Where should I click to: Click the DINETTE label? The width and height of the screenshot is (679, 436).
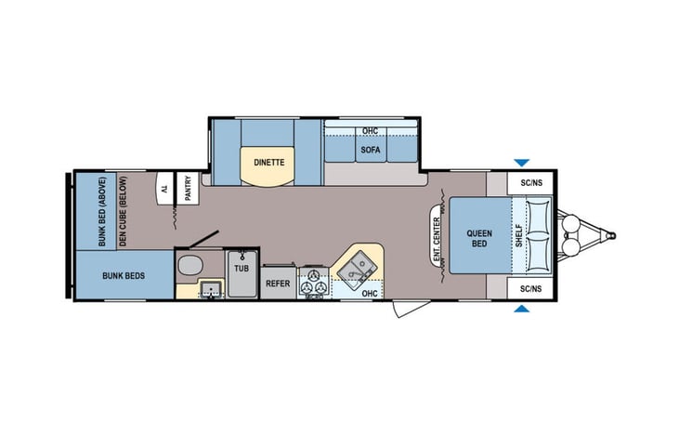tap(268, 162)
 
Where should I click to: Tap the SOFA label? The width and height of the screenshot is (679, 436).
tap(370, 149)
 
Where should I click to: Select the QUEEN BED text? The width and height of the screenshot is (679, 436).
tap(479, 237)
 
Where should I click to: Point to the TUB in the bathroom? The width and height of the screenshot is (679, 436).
tap(242, 268)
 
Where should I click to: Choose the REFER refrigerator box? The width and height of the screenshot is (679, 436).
tap(278, 283)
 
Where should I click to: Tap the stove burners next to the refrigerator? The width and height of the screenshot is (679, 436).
tap(313, 281)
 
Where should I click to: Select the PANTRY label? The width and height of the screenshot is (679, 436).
tap(188, 189)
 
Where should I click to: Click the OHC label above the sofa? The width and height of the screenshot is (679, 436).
tap(370, 131)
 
